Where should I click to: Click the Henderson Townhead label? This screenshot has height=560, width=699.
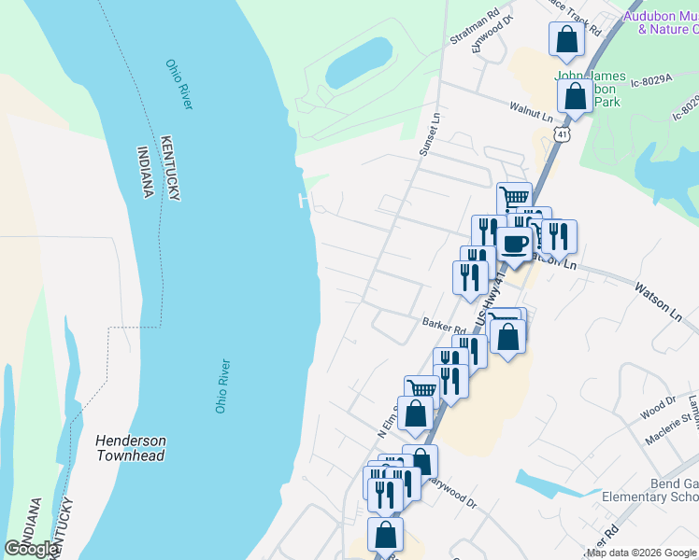tap(131, 447)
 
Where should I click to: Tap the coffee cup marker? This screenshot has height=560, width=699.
tap(514, 244)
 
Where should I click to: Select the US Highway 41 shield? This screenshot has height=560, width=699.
tap(559, 135)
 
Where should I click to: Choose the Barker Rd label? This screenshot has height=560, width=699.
tap(444, 327)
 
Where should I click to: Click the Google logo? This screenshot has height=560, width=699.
tap(32, 549)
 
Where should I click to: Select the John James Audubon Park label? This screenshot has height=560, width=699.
tap(591, 89)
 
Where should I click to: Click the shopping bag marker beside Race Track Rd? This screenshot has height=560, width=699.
tap(566, 41)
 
